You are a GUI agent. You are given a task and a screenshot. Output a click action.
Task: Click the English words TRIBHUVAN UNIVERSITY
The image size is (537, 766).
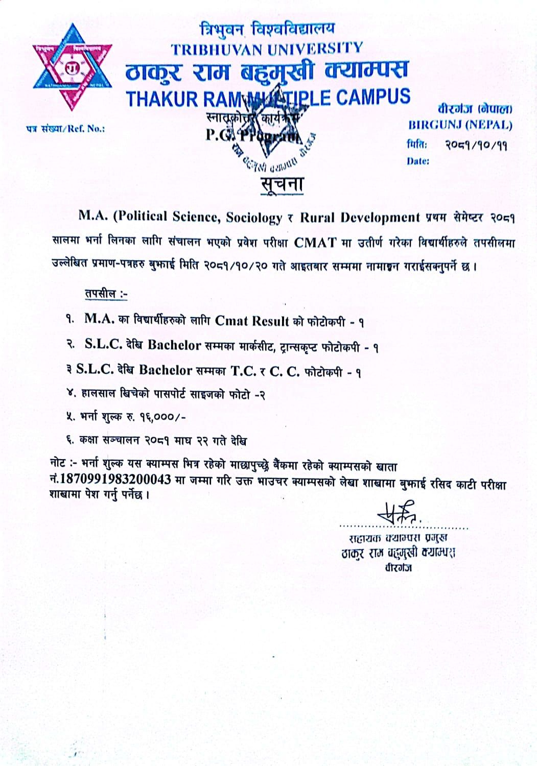(x=267, y=49)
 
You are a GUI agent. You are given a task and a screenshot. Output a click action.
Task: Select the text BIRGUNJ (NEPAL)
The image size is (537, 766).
(x=459, y=125)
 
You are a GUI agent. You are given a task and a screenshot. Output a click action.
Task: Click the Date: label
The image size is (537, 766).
(x=418, y=161)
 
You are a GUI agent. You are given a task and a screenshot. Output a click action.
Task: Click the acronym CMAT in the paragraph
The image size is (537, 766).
(x=315, y=242)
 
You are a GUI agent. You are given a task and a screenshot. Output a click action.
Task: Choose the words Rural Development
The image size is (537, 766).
(x=360, y=217)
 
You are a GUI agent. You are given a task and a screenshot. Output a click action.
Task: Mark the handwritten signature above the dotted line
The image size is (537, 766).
(x=400, y=511)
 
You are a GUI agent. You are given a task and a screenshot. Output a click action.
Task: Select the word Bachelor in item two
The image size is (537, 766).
(x=174, y=345)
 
